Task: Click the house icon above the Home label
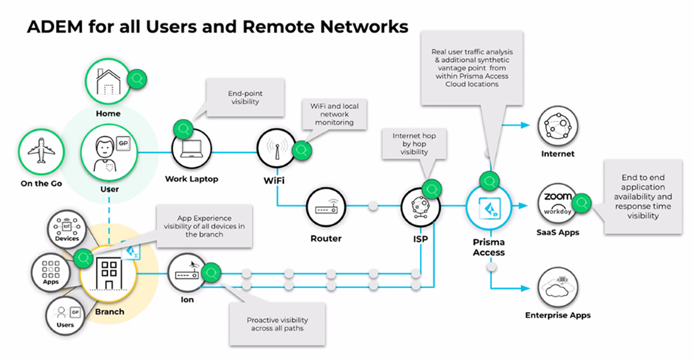point(108,82)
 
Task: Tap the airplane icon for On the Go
point(41,152)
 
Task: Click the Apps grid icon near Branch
point(51,272)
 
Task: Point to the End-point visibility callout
point(245,98)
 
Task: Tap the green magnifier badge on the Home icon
point(137,79)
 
